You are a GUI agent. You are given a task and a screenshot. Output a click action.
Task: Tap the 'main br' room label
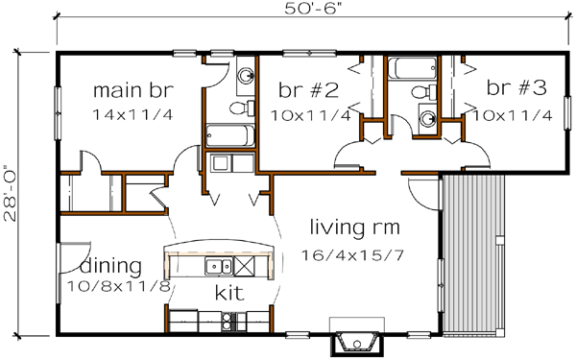click(133, 92)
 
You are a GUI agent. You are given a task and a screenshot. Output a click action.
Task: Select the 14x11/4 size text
click(133, 115)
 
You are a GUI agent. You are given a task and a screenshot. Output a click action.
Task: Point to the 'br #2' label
click(308, 91)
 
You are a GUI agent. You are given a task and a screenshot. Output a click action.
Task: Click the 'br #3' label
click(516, 88)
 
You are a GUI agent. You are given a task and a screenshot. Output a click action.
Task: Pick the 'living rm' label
click(355, 228)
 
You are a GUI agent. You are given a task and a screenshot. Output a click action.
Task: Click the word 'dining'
click(111, 266)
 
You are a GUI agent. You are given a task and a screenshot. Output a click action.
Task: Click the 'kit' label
click(227, 290)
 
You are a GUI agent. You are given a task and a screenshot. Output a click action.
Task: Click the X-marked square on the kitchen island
click(244, 266)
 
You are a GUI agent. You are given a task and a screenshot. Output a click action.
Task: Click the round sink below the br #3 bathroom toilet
click(425, 118)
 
